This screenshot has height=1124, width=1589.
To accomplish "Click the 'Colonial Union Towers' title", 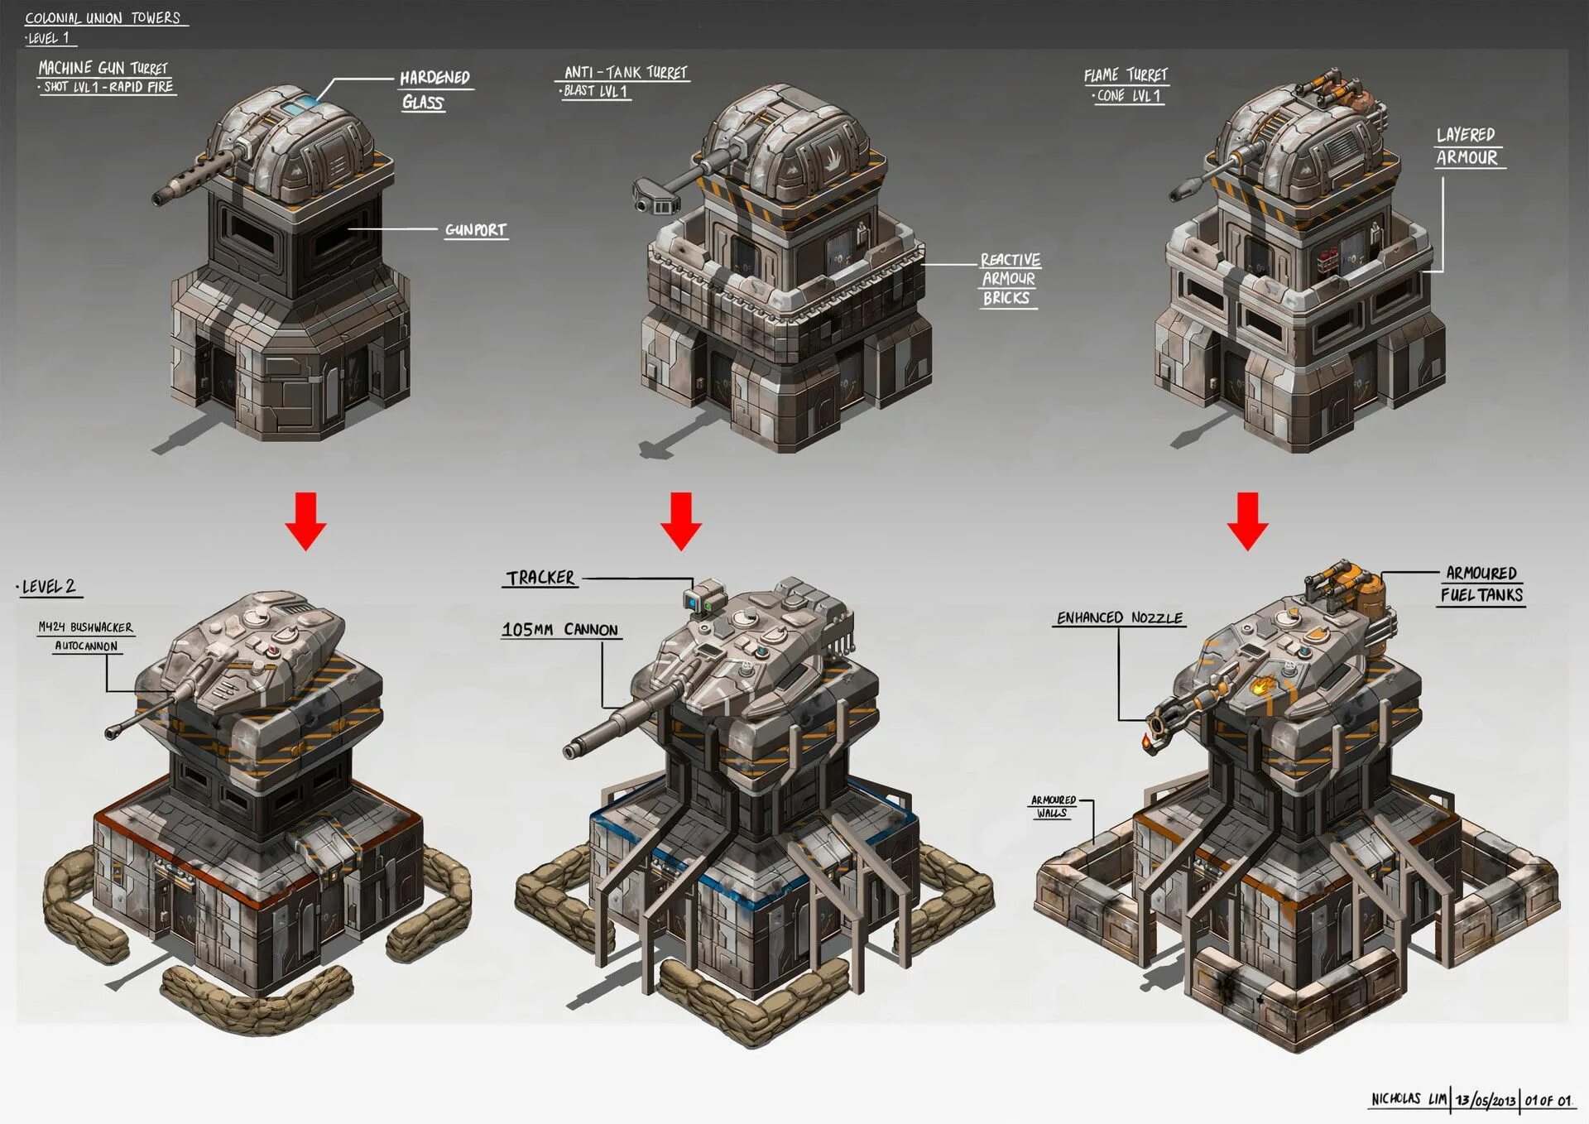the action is coord(103,17).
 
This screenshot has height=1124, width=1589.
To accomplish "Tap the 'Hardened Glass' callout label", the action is coord(434,89).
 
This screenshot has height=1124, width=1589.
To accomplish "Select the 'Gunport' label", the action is coord(475,230).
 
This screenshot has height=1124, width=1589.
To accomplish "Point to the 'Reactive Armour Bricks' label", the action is coord(1009,279).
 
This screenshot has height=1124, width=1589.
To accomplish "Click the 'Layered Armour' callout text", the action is coord(1467,147).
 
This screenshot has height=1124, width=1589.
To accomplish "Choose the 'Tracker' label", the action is coord(540,578).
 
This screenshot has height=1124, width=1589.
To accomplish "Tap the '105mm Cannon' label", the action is coord(560,630).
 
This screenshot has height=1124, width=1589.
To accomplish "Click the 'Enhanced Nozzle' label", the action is coord(1119,618).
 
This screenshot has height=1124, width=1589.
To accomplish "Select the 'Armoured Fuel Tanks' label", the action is coord(1481,584).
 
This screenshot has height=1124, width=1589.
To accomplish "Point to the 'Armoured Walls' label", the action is coord(1053,806).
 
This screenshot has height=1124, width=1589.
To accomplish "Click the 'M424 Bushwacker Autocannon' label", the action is coord(86,636).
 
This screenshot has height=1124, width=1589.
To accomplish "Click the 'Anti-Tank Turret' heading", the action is coord(626,73).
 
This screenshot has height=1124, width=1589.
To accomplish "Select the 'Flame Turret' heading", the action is coord(1126,75).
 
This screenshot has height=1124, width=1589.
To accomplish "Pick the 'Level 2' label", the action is coord(49,587).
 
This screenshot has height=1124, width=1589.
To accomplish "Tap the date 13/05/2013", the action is coord(1486,1100).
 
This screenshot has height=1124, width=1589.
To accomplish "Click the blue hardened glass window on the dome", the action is coord(303,104).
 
